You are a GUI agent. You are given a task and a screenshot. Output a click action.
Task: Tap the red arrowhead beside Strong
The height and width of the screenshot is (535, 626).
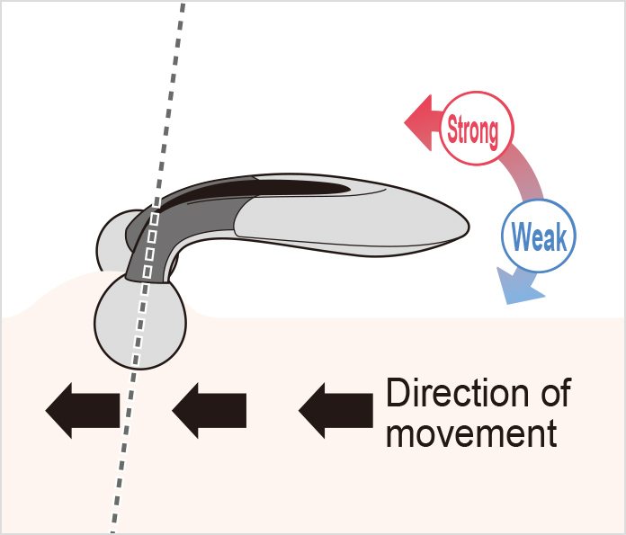(x=421, y=122)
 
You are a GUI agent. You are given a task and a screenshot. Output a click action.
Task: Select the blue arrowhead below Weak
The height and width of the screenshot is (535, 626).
(x=517, y=288)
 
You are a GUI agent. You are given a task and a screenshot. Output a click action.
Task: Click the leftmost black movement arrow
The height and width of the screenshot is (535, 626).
(x=83, y=410)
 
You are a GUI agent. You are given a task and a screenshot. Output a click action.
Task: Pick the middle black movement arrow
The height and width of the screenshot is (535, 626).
(x=210, y=410)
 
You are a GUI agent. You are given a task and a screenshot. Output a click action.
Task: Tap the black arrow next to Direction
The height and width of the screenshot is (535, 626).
(x=335, y=410)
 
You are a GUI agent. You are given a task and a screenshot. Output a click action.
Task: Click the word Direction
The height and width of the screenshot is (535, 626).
(x=459, y=393)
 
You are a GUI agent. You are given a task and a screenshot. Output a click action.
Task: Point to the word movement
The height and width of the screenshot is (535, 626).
(x=471, y=432)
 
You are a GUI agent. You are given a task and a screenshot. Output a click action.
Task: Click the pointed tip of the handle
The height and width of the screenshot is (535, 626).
(x=469, y=227)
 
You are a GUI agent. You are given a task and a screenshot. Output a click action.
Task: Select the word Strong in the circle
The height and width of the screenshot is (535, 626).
(x=473, y=129)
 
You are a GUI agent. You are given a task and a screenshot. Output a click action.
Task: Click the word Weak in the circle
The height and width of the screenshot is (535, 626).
(x=539, y=236)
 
